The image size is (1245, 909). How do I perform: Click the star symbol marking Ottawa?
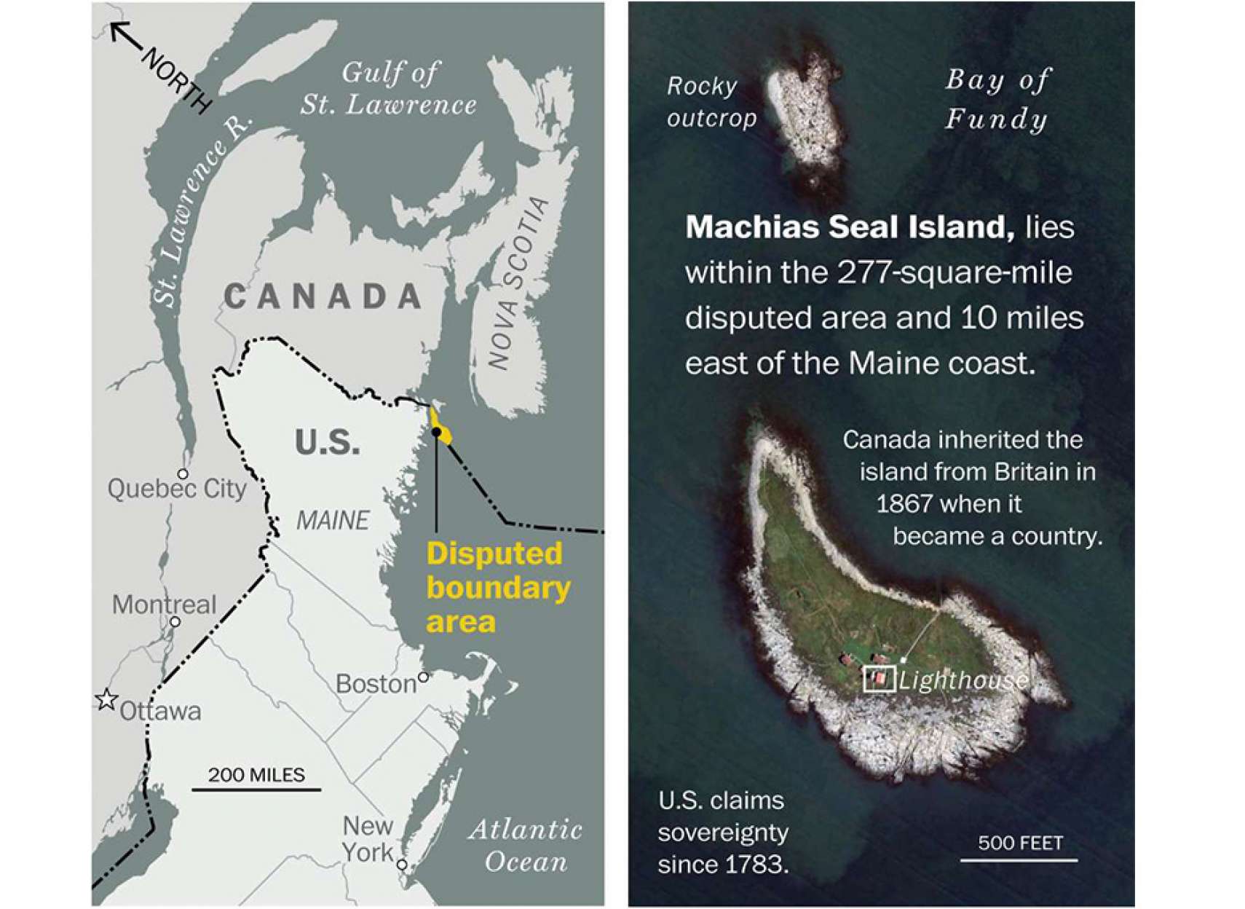pos(107,699)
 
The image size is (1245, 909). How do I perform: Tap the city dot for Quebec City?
pos(183,474)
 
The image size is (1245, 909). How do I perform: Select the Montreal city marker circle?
pos(175,621)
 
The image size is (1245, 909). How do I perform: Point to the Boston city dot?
pos(423,677)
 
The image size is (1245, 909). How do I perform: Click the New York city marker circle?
pos(402,865)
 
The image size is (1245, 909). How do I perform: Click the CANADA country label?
pos(323,296)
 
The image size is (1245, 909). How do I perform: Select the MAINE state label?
pos(333,520)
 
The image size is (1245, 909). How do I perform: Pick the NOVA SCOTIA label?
pos(518,282)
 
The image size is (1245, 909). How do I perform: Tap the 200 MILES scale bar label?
pos(256,775)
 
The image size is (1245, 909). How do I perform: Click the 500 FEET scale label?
pos(1020,843)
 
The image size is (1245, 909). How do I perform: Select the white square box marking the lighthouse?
pos(879,679)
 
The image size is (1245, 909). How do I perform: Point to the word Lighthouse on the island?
pos(963,680)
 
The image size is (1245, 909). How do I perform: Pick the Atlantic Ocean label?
pos(525,846)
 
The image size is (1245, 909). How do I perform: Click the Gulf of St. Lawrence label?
pos(390,89)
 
